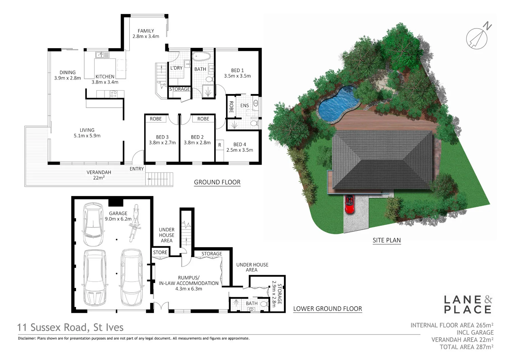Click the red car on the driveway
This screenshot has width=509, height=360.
pyautogui.click(x=350, y=204)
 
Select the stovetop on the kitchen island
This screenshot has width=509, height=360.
pyautogui.click(x=113, y=94)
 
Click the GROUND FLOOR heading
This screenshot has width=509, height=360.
pyautogui.click(x=217, y=182)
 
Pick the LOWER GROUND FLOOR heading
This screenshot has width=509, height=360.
pyautogui.click(x=327, y=309)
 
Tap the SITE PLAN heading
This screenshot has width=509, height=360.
pyautogui.click(x=387, y=240)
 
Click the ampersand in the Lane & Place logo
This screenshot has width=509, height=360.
pyautogui.click(x=488, y=299)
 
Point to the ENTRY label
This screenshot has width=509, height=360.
pyautogui.click(x=137, y=169)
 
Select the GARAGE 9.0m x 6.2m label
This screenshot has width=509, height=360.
pyautogui.click(x=118, y=216)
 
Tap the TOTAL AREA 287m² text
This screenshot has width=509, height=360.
pyautogui.click(x=466, y=347)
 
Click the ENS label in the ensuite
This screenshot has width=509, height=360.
pyautogui.click(x=245, y=106)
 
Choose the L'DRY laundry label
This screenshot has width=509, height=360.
pyautogui.click(x=176, y=68)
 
